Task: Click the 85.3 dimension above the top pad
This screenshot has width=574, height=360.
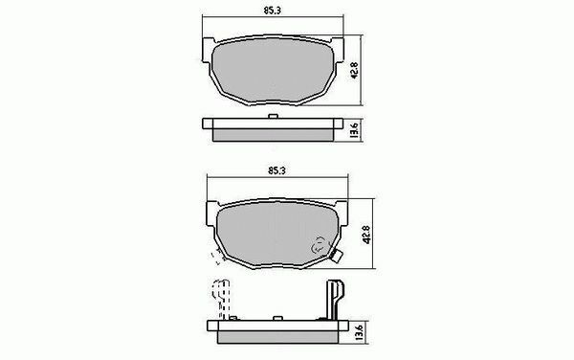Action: click(x=272, y=11)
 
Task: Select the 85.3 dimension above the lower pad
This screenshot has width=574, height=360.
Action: click(x=276, y=170)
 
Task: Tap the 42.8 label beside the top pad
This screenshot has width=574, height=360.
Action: click(x=354, y=71)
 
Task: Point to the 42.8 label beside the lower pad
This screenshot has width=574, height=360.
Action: click(x=366, y=235)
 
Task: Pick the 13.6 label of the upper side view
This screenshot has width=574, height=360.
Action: click(x=354, y=130)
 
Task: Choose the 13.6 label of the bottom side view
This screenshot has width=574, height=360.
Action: click(x=359, y=332)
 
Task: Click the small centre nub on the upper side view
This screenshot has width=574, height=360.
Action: click(x=273, y=116)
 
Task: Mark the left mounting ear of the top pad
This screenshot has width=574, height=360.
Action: click(x=208, y=50)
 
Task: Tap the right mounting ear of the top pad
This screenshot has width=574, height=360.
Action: click(x=339, y=50)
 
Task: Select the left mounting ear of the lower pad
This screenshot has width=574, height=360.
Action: click(x=212, y=214)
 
